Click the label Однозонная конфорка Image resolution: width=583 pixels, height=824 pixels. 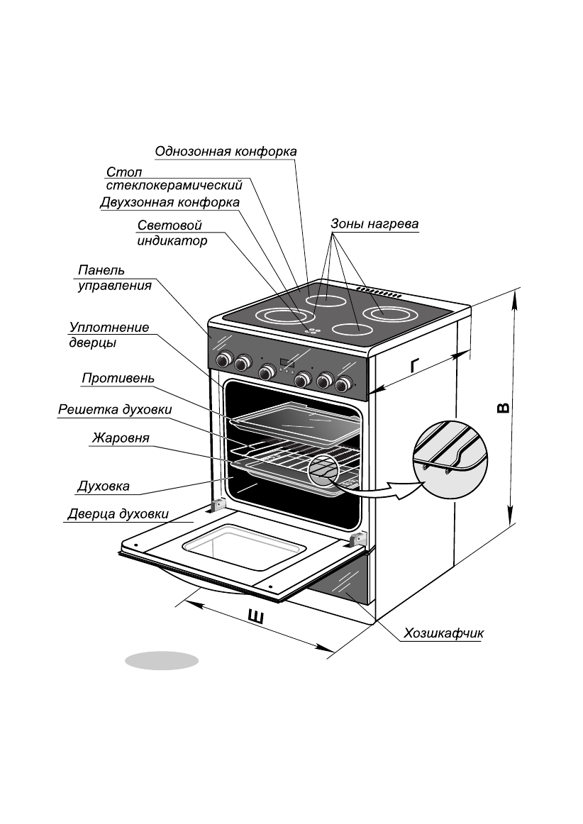[x=226, y=151]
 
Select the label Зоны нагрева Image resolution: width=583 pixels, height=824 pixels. [x=374, y=224]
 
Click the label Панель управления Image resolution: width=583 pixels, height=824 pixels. [x=114, y=278]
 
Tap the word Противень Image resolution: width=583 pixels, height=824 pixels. [x=118, y=378]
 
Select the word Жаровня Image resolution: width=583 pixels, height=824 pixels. [x=120, y=438]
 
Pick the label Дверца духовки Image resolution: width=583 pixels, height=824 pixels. [x=118, y=514]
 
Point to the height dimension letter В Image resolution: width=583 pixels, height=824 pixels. [x=502, y=409]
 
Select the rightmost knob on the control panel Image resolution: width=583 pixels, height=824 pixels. [x=345, y=384]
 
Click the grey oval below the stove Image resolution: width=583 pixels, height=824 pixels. [x=162, y=660]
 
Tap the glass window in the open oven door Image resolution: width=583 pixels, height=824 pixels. [x=244, y=547]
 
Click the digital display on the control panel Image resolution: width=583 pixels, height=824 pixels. [x=288, y=364]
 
